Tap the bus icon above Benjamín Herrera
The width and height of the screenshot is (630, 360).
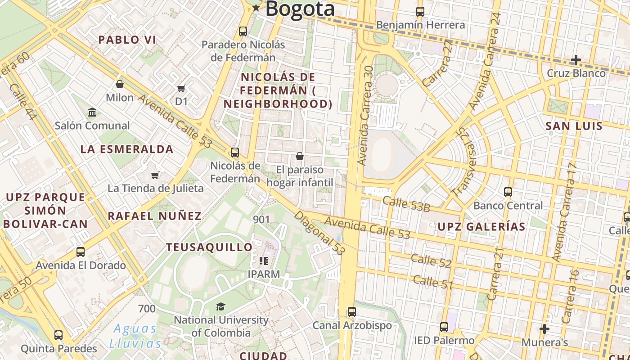420,12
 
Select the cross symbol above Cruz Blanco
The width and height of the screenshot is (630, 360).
576,59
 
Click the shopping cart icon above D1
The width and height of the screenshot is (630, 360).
181,88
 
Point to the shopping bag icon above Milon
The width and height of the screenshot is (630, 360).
120,84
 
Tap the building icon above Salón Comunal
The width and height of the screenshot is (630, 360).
92,112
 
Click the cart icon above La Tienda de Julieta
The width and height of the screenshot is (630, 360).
155,175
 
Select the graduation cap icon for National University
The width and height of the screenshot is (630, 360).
220,307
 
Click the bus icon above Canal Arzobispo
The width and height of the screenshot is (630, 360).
352,312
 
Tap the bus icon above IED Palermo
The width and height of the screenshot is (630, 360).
444,327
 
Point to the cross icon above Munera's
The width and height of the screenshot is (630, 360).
544,329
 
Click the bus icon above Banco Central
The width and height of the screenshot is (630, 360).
508,192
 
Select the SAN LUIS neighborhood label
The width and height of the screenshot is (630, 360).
574,126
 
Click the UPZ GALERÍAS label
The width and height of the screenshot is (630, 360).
481,226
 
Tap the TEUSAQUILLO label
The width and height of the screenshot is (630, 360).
210,247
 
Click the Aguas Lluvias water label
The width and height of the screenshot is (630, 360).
135,336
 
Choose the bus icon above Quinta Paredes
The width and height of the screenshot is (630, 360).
58,335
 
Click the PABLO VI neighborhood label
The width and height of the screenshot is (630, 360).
127,40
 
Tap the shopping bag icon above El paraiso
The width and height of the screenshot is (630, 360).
300,156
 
